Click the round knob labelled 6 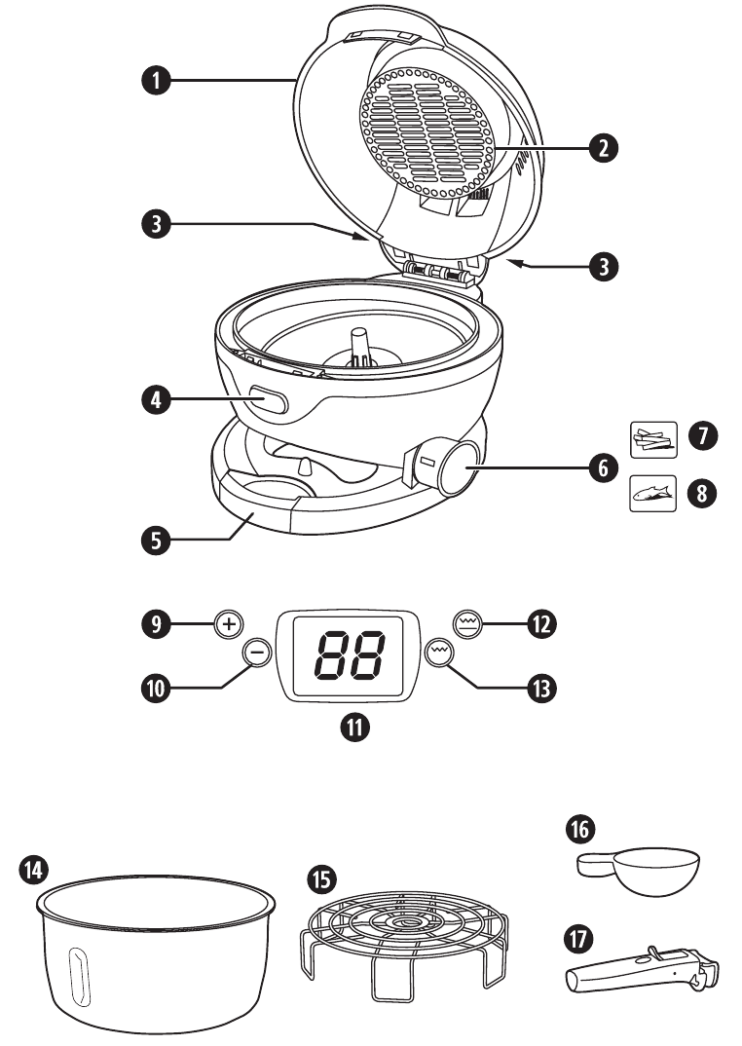pyautogui.click(x=457, y=467)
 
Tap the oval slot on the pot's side pyautogui.click(x=77, y=973)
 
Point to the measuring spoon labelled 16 pyautogui.click(x=644, y=869)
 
